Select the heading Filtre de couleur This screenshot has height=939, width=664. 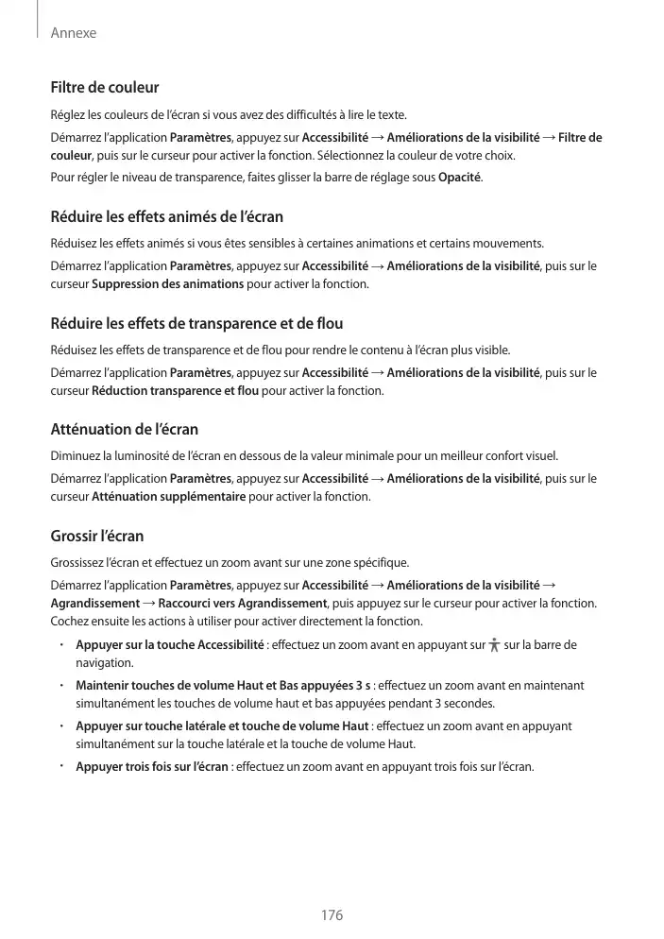point(104,88)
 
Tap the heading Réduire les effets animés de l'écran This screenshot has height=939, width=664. point(166,217)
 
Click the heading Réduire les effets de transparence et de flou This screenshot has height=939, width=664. point(196,324)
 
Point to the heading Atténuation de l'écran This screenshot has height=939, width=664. point(124,431)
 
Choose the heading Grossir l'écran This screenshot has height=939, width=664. point(96,537)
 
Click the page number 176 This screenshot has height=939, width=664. point(332,915)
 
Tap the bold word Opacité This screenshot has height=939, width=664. point(460,178)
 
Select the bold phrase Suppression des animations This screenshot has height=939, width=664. point(167,284)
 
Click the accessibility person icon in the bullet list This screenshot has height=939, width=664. point(495,646)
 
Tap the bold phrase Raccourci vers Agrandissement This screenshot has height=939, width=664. point(242,604)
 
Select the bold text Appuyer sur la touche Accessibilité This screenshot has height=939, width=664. point(169,645)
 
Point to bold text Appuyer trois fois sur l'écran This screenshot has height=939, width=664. point(151,766)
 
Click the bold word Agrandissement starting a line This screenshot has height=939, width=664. point(94,604)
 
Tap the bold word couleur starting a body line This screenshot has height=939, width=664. point(70,156)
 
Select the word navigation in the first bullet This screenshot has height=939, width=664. point(104,663)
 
